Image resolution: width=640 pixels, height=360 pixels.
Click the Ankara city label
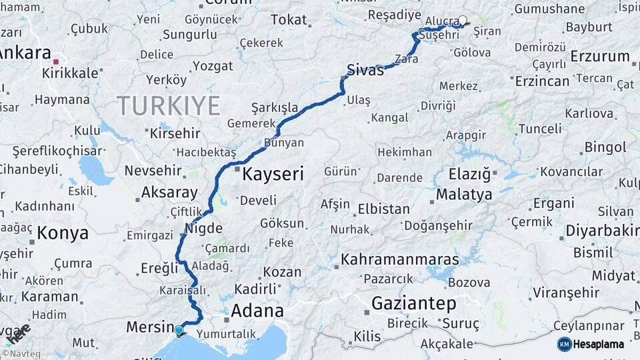(x=27, y=53)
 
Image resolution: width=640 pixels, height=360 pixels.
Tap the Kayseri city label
(x=272, y=175)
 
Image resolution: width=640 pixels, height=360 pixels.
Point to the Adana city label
(x=257, y=311)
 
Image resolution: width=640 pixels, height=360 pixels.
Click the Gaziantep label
(x=413, y=304)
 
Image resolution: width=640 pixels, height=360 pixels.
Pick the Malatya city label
(x=464, y=195)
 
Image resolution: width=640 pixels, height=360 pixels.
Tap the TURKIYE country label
(x=168, y=105)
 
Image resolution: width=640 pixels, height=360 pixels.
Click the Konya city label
(x=63, y=233)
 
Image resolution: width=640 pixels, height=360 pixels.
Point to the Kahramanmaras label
(x=399, y=259)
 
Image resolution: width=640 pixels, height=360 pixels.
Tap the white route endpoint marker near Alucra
(x=463, y=20)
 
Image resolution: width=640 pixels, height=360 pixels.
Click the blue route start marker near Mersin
(x=178, y=329)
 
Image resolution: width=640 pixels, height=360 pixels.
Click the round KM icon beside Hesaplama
(x=565, y=344)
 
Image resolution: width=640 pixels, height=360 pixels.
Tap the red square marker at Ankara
(x=56, y=61)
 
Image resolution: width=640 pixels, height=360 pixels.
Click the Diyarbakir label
(x=602, y=231)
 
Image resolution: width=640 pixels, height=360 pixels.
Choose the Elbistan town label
(x=383, y=209)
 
